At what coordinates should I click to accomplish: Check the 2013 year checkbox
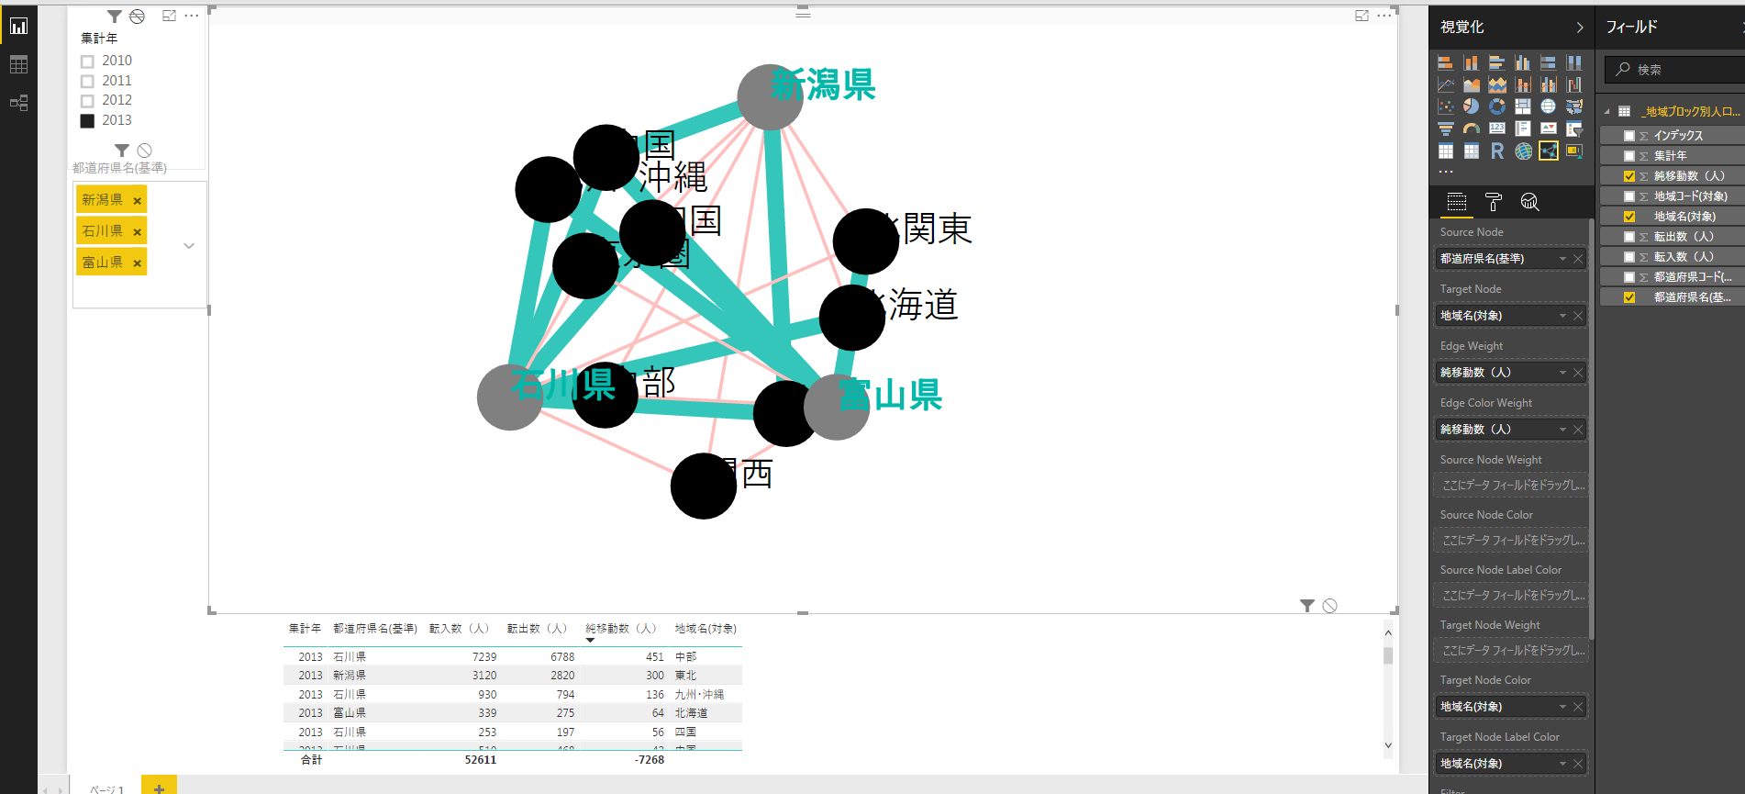(87, 121)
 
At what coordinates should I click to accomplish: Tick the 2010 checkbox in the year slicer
(87, 62)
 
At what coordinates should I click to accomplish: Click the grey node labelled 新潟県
(770, 97)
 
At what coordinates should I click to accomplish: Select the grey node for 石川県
(509, 397)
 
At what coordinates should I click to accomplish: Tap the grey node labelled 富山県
(836, 407)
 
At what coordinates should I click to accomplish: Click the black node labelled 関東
(865, 241)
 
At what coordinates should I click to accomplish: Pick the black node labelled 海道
(851, 318)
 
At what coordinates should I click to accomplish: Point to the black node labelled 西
(703, 486)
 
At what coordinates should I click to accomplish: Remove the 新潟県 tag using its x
(138, 201)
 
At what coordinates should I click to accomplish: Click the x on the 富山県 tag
(138, 263)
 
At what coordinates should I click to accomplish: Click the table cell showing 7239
(483, 657)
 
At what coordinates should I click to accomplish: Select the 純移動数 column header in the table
(621, 629)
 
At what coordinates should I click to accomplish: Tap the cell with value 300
(654, 676)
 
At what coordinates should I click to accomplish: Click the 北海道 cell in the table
(691, 713)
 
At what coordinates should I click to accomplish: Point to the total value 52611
(480, 760)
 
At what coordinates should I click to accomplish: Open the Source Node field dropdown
(1562, 259)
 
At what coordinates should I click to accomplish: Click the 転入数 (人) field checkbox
(1629, 257)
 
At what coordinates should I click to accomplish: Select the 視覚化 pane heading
(1462, 28)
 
